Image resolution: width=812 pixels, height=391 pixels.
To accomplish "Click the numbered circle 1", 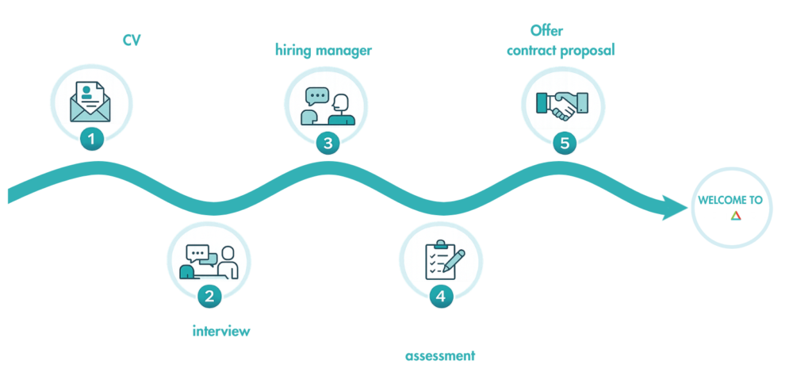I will pyautogui.click(x=92, y=140).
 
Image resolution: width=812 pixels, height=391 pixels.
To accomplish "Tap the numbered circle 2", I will pyautogui.click(x=209, y=297).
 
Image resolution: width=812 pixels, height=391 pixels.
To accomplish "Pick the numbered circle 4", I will pyautogui.click(x=441, y=297).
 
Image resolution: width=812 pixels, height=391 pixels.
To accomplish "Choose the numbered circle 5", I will pyautogui.click(x=564, y=143).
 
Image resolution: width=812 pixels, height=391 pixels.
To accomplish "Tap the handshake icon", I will pyautogui.click(x=562, y=104).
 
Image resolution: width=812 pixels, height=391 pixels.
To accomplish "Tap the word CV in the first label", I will pyautogui.click(x=132, y=40).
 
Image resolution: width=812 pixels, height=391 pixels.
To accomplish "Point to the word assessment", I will pyautogui.click(x=441, y=355).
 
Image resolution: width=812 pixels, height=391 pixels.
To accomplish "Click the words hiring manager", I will pyautogui.click(x=324, y=51).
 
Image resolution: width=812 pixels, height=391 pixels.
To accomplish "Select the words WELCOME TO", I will pyautogui.click(x=730, y=200).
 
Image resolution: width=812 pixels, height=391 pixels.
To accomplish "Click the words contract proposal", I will pyautogui.click(x=561, y=51).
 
